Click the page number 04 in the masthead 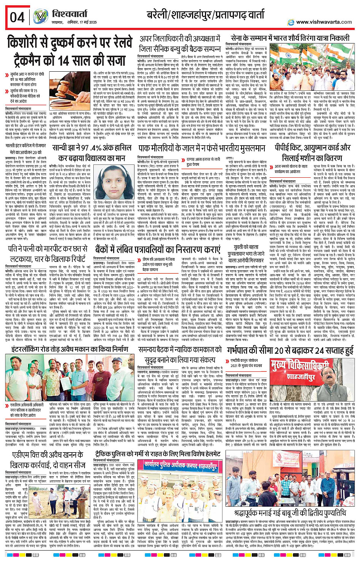(x=17, y=17)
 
